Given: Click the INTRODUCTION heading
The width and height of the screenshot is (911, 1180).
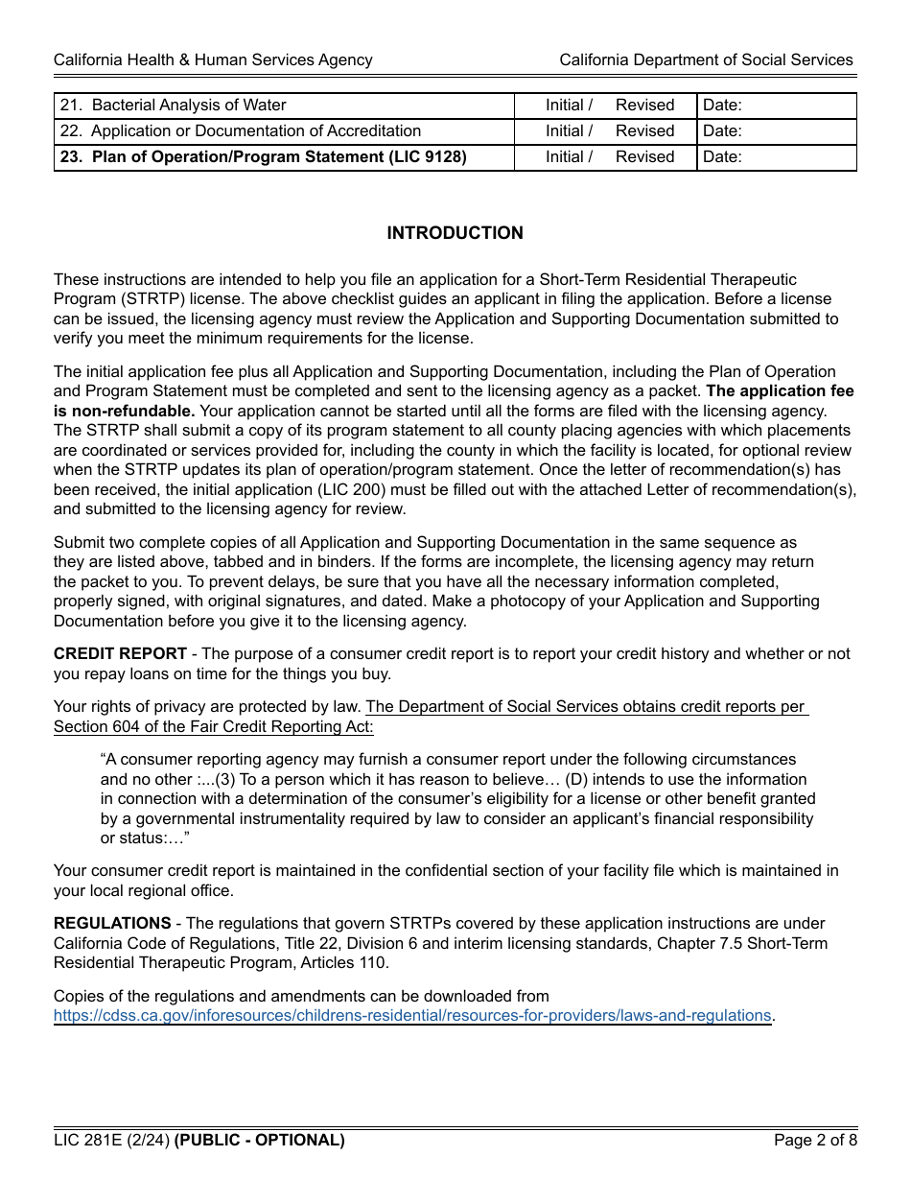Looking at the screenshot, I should click(455, 233).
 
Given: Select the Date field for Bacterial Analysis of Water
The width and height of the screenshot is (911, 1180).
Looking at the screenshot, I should click(776, 106).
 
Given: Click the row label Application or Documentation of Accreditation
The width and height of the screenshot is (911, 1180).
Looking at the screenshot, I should click(255, 131).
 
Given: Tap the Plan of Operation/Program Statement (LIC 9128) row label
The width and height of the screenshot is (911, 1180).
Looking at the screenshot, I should click(278, 157).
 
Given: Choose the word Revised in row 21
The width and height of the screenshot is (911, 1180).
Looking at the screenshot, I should click(644, 106).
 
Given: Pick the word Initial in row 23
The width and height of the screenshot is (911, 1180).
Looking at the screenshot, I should click(565, 157).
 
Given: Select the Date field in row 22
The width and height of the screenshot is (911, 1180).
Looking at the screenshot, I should click(776, 131).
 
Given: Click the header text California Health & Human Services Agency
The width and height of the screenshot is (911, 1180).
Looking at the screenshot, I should click(213, 59).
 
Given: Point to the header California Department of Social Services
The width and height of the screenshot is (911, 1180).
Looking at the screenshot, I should click(706, 59).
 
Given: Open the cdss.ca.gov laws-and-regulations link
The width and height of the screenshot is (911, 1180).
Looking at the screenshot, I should click(412, 1016).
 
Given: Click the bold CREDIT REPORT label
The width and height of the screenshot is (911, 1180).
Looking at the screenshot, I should click(120, 654).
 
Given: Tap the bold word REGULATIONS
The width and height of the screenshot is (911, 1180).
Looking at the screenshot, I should click(112, 924).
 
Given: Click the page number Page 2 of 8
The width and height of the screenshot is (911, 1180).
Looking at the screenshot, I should click(813, 1141).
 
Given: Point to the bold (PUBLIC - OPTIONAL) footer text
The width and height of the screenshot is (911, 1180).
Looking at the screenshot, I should click(259, 1141).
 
